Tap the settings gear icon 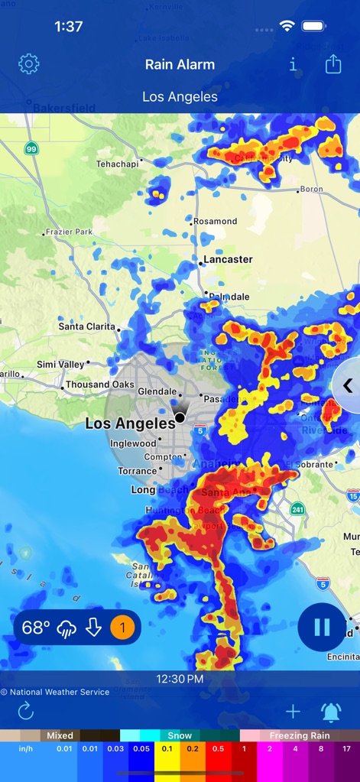(x=28, y=64)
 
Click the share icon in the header (x=333, y=64)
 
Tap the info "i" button (x=293, y=65)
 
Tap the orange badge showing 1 (x=122, y=628)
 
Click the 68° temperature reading (x=35, y=628)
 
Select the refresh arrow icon (x=26, y=712)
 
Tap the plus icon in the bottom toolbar (x=293, y=712)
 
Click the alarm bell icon (x=331, y=712)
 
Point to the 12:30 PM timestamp (x=180, y=679)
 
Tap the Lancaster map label (x=227, y=259)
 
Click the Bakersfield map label (x=63, y=109)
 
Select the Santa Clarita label (x=87, y=326)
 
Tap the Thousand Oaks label (x=99, y=385)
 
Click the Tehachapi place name (x=117, y=164)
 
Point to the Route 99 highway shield (x=31, y=148)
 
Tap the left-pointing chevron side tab (x=348, y=385)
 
